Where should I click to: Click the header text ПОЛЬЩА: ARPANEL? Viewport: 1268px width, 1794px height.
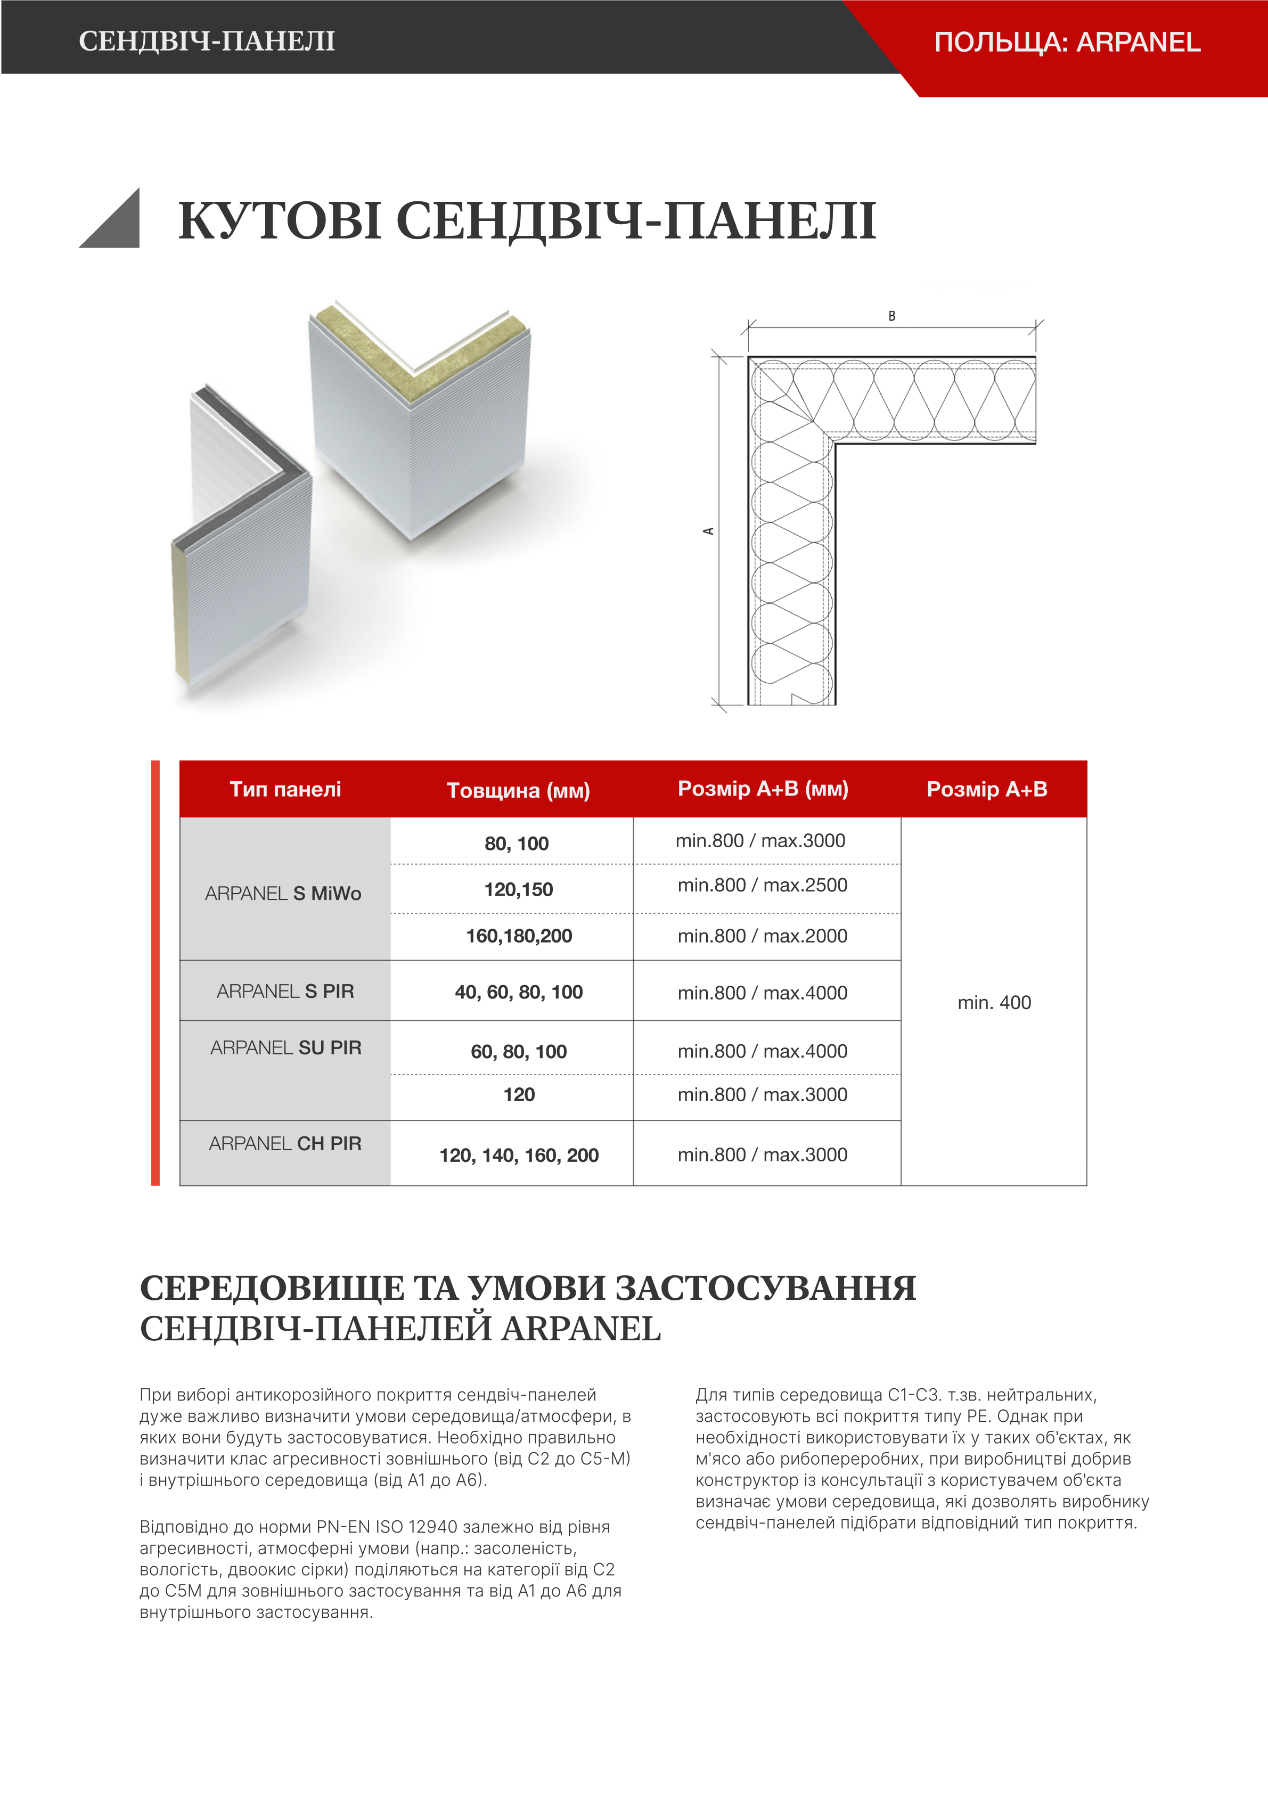pos(1067,42)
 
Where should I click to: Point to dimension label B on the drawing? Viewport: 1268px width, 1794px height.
pos(891,316)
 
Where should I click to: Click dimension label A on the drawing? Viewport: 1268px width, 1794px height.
pos(709,531)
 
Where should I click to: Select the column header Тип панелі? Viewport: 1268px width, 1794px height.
pos(285,789)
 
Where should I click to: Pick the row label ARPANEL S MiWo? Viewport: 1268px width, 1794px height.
pos(283,893)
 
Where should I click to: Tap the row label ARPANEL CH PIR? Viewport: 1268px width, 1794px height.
pos(285,1144)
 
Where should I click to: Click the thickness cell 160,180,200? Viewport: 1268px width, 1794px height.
pos(519,936)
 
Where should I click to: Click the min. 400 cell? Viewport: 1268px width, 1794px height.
pos(994,1003)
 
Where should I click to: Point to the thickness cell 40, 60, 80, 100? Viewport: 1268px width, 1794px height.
pos(519,993)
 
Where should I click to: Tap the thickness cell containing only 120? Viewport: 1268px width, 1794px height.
pos(519,1095)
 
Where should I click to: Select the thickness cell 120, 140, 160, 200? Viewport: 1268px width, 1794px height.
pos(519,1156)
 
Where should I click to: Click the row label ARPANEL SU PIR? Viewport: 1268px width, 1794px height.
pos(285,1048)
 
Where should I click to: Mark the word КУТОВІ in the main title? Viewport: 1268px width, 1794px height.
pos(280,221)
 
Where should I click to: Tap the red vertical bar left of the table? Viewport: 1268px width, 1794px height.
pos(156,973)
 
